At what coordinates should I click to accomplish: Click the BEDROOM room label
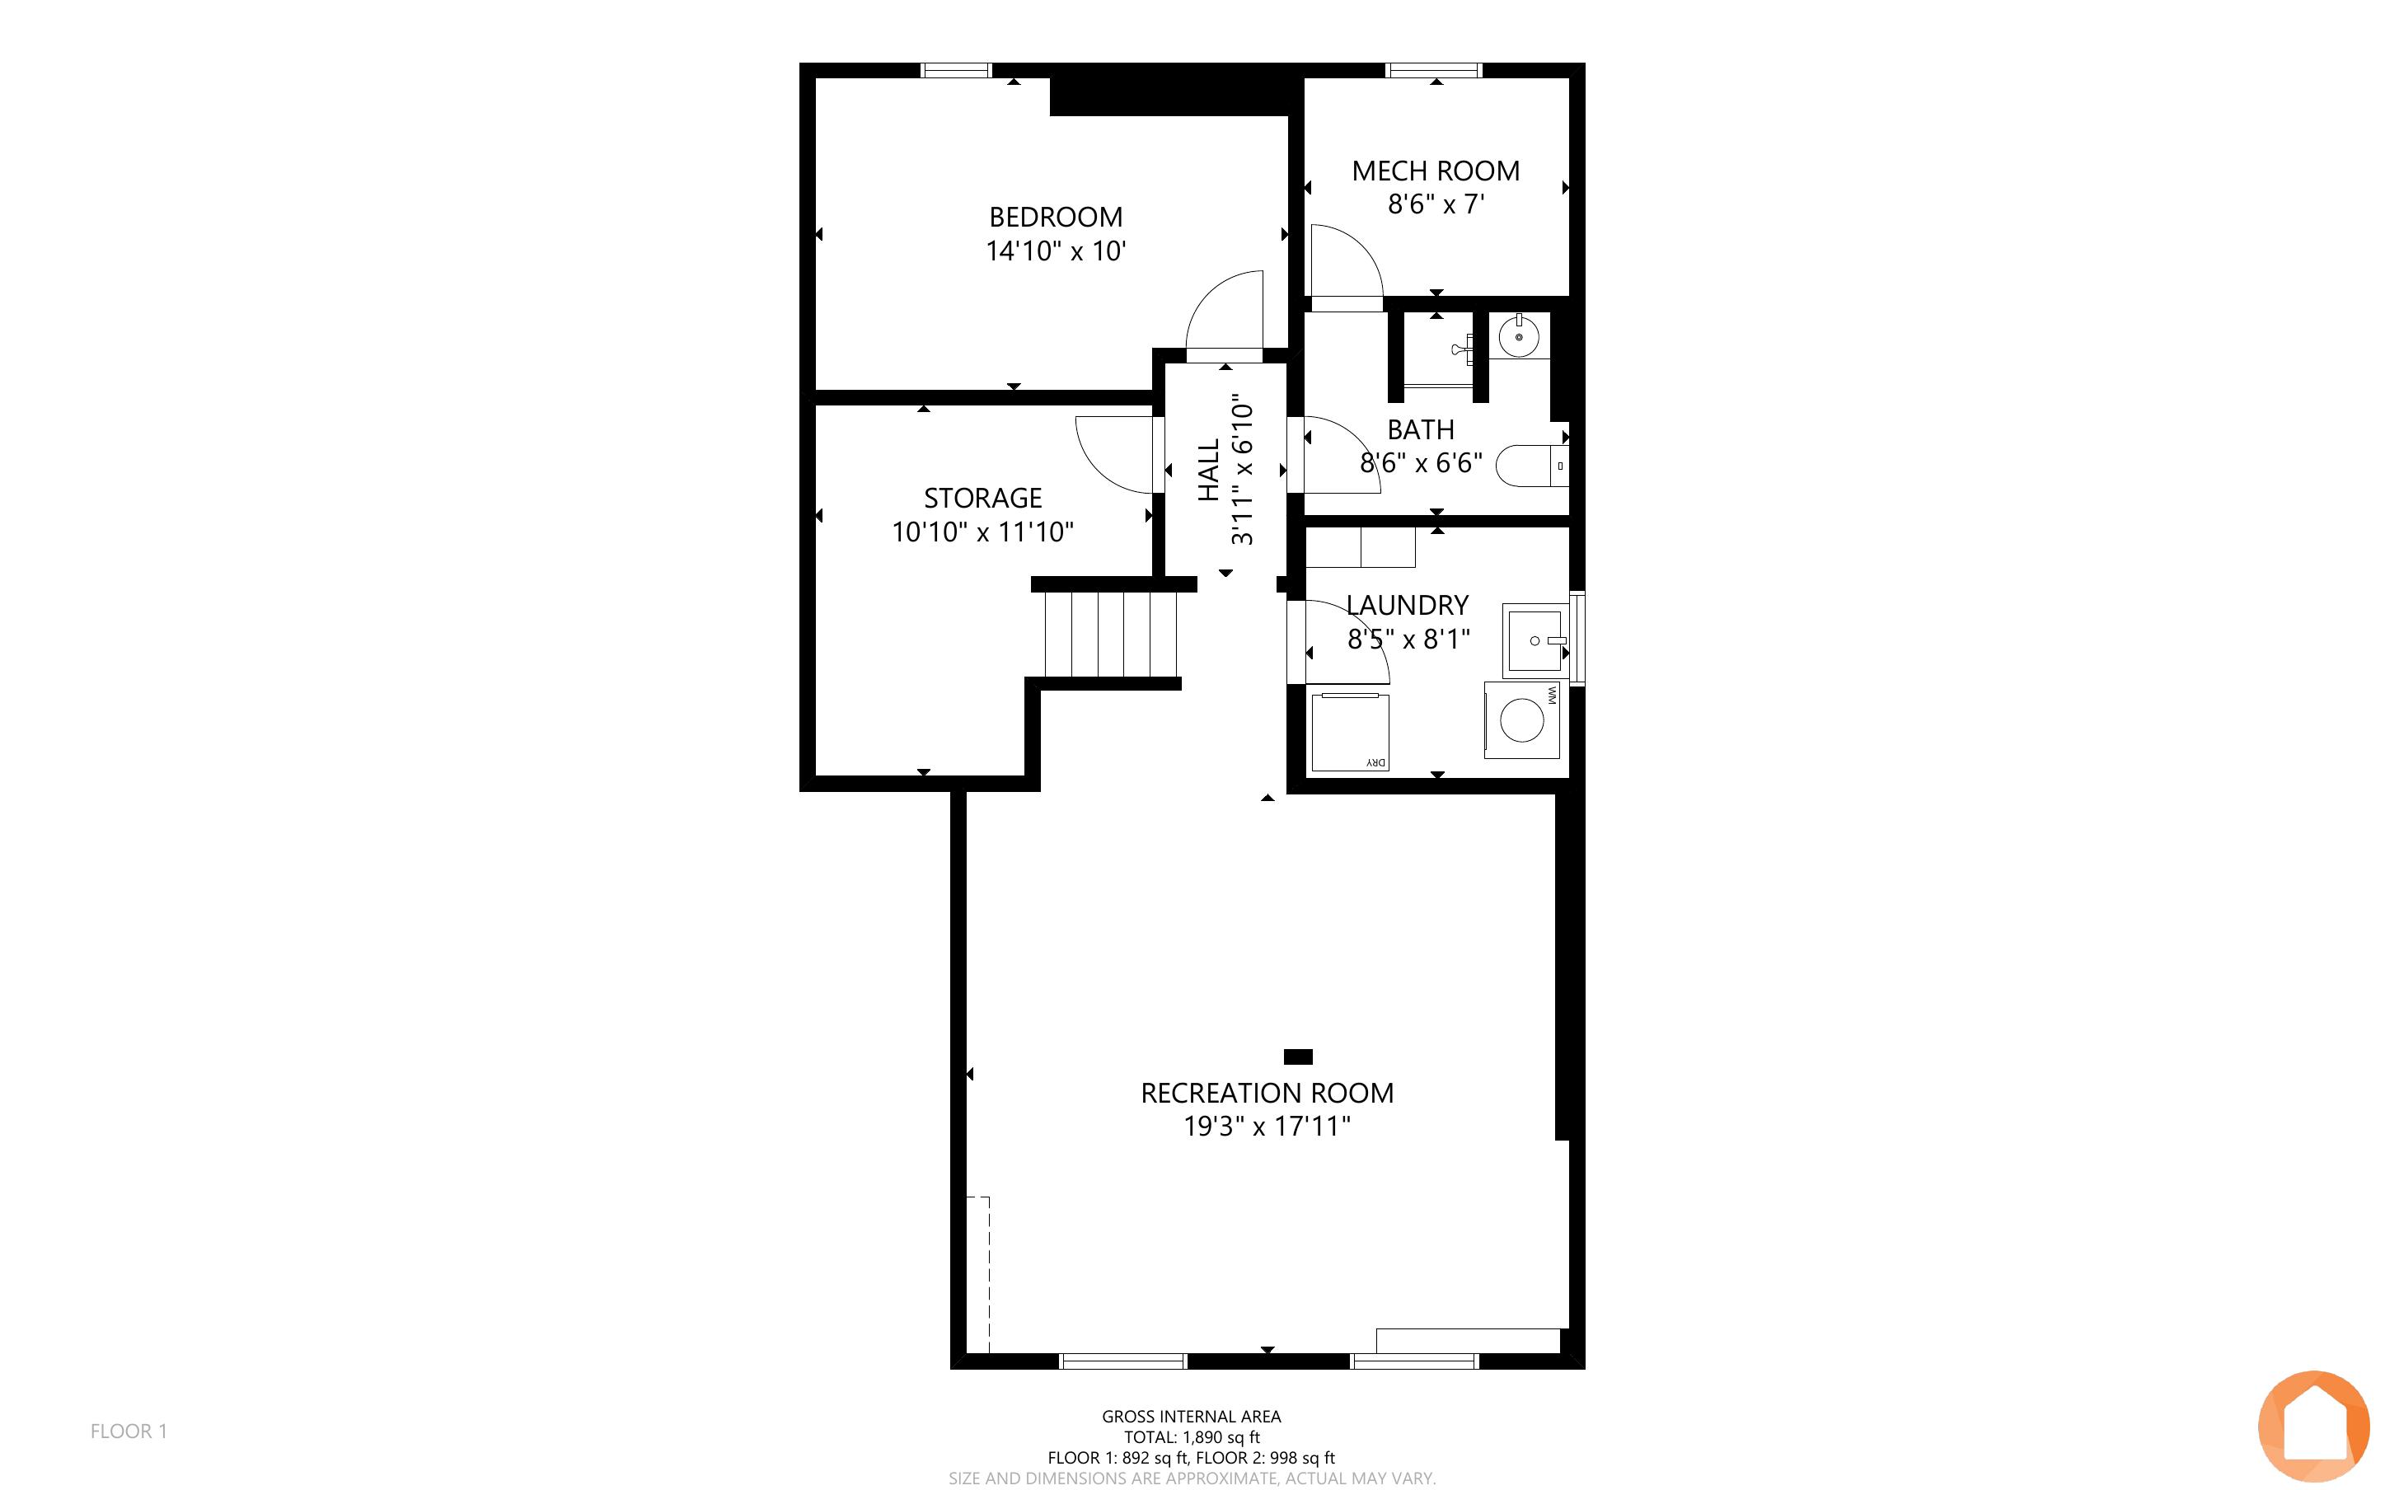click(1055, 217)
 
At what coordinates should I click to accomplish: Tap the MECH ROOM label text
click(1436, 171)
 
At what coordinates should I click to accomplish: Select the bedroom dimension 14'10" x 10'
click(1055, 251)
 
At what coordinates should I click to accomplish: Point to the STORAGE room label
click(982, 498)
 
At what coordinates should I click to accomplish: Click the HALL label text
click(1209, 470)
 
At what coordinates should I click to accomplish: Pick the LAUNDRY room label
click(1407, 605)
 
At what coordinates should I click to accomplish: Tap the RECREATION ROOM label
click(1267, 1093)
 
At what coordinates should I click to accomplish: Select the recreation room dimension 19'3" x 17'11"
click(1267, 1127)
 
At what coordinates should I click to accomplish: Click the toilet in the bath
click(1532, 465)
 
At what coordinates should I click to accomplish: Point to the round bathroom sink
click(1519, 337)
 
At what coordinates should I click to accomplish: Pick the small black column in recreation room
click(1299, 1057)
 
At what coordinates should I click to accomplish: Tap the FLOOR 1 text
click(129, 1431)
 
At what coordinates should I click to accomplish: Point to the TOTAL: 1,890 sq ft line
click(1191, 1436)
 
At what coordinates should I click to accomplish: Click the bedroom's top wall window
click(956, 70)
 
